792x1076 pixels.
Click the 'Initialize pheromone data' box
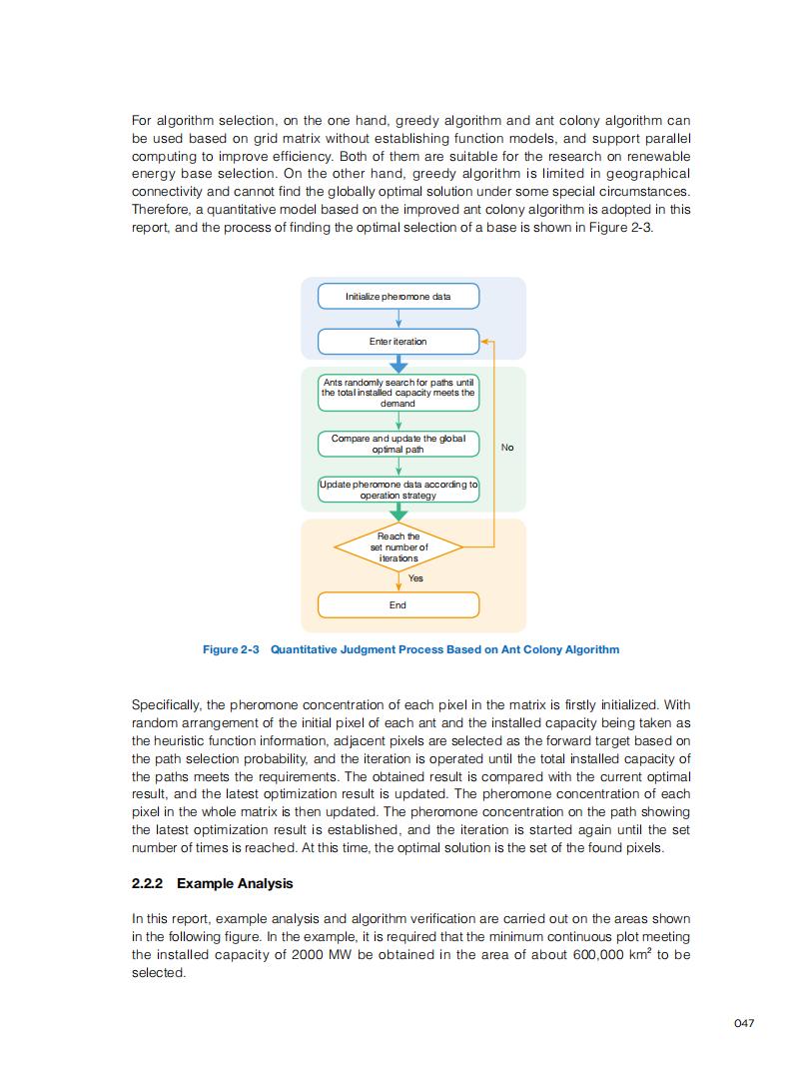pos(397,297)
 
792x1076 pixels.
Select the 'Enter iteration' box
pos(397,342)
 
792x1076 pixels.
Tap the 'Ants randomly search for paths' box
pos(397,393)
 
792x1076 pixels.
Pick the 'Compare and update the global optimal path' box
pos(397,444)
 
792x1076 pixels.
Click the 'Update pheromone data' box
pos(397,490)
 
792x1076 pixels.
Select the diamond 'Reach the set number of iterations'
pos(397,547)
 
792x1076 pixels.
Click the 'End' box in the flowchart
pos(397,605)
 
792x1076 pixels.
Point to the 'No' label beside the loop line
pos(507,448)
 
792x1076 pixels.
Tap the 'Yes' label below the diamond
pos(415,578)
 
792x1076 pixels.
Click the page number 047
pos(743,1023)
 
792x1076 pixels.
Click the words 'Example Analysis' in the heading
pos(235,884)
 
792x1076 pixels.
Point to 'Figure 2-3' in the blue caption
pos(231,649)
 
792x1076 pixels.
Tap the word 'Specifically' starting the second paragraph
pos(165,705)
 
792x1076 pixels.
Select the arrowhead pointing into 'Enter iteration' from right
pos(484,342)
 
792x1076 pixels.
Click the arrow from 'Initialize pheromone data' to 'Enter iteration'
pos(397,319)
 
